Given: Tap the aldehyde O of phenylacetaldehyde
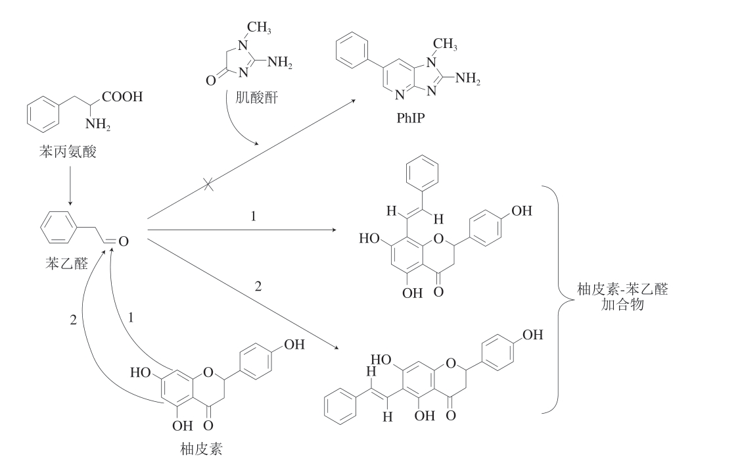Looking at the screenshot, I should point(123,241).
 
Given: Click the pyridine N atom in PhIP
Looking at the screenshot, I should point(399,95).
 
